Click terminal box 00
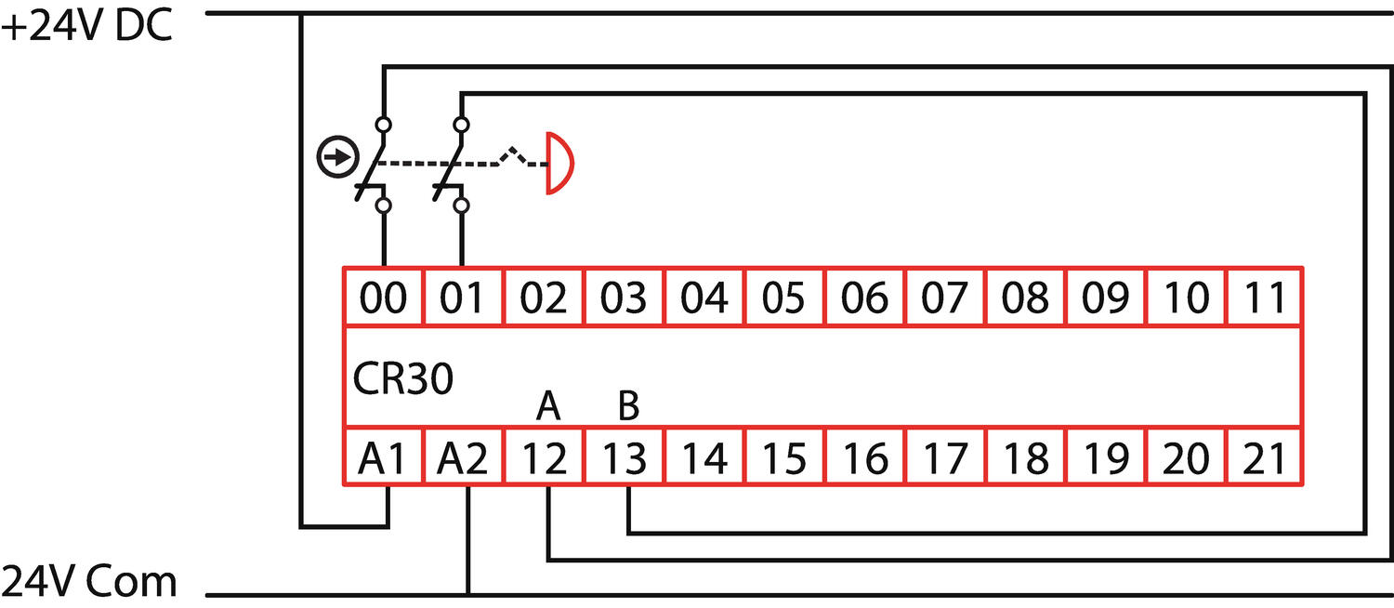pyautogui.click(x=384, y=297)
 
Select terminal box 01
pyautogui.click(x=464, y=297)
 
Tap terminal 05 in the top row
pyautogui.click(x=784, y=297)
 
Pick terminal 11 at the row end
pyautogui.click(x=1265, y=297)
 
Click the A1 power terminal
pyautogui.click(x=384, y=458)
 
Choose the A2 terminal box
pyautogui.click(x=464, y=458)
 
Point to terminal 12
pyautogui.click(x=545, y=458)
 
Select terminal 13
pyautogui.click(x=625, y=458)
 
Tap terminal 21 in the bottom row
pyautogui.click(x=1265, y=458)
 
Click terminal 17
pyautogui.click(x=945, y=458)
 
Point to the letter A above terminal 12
pyautogui.click(x=549, y=406)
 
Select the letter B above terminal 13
pyautogui.click(x=628, y=406)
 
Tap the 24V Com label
pyautogui.click(x=89, y=583)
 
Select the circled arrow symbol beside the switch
pyautogui.click(x=336, y=158)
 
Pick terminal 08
pyautogui.click(x=1025, y=297)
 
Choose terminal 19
pyautogui.click(x=1105, y=458)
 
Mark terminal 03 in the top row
pyautogui.click(x=625, y=297)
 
